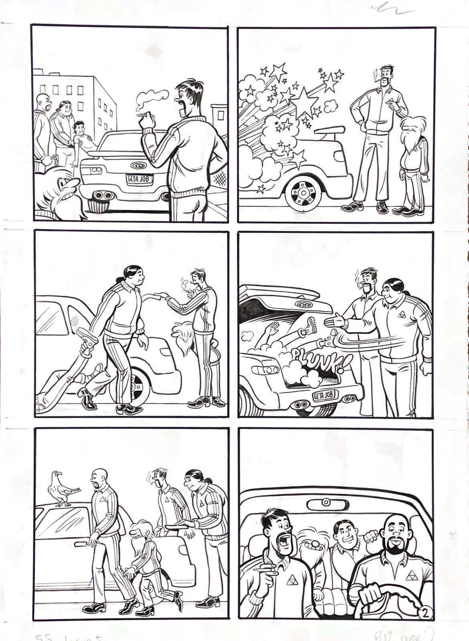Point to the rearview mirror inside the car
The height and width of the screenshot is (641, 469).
tap(325, 502)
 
